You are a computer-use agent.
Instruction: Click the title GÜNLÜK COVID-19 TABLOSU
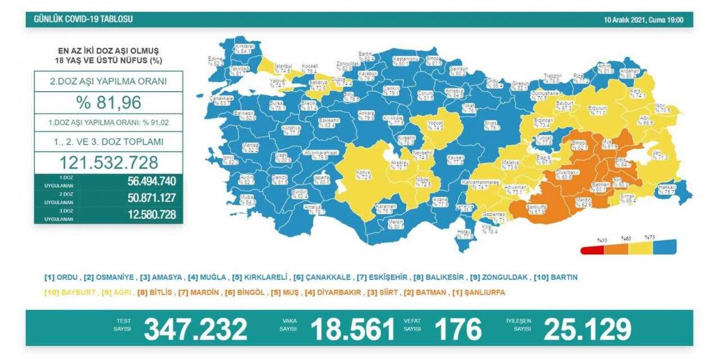(83, 19)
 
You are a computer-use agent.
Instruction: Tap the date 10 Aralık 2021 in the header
(624, 20)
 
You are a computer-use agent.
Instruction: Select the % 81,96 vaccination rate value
(108, 102)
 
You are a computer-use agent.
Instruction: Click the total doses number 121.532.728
(108, 163)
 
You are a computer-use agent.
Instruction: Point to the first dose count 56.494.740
(143, 181)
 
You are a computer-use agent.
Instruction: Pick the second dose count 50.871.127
(143, 198)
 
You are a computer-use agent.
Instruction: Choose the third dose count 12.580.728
(143, 214)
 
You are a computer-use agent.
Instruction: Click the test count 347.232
(195, 329)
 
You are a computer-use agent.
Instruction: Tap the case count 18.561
(353, 329)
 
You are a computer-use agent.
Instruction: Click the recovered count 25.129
(587, 329)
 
